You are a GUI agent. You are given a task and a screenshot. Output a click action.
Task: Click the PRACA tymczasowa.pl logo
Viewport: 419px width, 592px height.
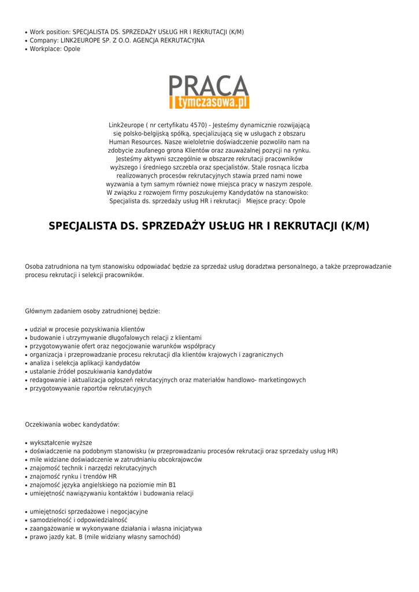209,92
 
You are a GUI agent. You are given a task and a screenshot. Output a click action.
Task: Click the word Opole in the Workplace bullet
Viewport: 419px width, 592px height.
72,49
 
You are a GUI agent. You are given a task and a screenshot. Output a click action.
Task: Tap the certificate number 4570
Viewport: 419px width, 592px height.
197,125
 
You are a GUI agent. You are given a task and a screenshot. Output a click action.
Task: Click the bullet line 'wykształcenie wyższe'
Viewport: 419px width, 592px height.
61,442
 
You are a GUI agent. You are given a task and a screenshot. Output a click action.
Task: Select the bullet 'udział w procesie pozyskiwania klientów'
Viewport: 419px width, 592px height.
87,329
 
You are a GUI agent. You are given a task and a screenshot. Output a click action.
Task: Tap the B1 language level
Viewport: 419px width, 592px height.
172,485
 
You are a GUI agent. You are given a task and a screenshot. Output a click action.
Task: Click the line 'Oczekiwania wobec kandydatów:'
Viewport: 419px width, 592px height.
72,424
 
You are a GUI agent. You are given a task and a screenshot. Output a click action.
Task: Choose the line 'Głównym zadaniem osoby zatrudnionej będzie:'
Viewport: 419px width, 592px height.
92,311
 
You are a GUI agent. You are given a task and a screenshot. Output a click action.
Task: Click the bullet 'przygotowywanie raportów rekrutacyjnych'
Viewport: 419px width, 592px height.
91,388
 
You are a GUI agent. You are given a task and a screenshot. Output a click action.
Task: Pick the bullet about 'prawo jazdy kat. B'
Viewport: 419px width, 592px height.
105,536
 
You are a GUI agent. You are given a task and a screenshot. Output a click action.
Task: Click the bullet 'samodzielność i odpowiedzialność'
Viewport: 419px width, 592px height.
79,520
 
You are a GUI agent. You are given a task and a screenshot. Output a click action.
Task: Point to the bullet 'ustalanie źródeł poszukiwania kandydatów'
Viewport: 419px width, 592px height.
91,371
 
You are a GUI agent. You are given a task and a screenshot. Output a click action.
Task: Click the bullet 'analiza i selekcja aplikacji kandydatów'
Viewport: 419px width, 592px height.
85,363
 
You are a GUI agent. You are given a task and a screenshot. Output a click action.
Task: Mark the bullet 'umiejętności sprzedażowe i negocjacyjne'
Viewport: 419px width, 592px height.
89,511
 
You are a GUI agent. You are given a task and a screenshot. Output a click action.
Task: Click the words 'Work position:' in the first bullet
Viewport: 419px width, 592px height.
50,32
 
